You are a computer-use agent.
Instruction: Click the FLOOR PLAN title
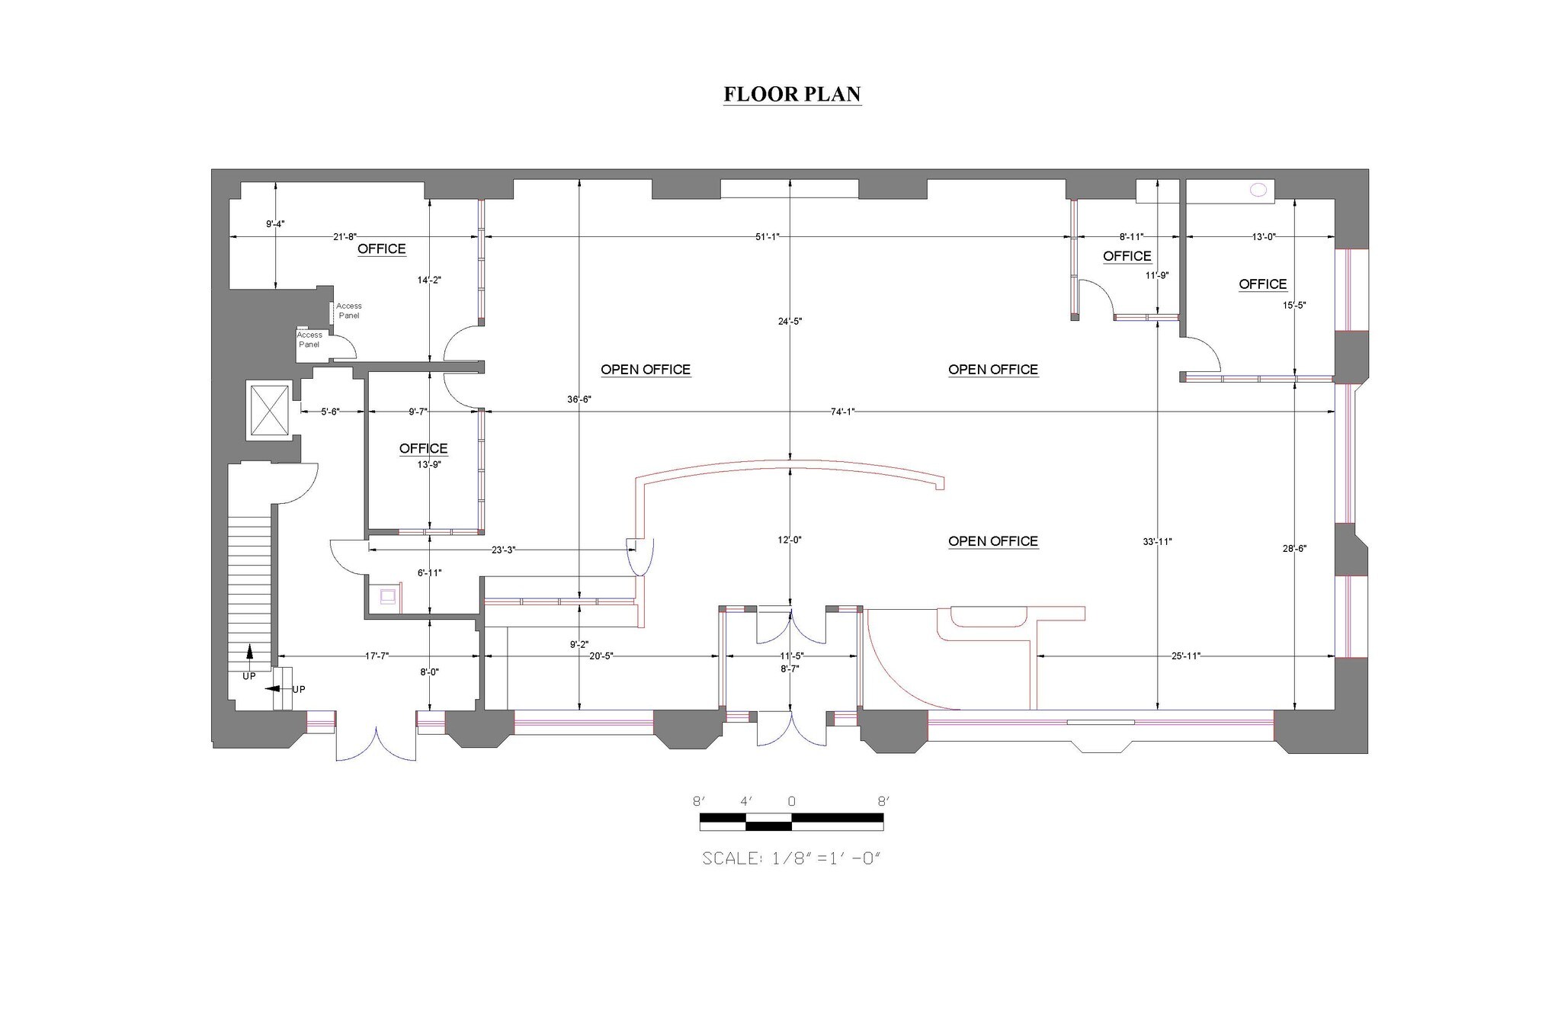coord(792,94)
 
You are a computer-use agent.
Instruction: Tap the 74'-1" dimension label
coord(842,412)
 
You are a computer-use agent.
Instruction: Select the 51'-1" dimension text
coord(767,236)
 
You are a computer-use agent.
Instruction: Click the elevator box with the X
coord(269,411)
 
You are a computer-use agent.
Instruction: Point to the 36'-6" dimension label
coord(579,399)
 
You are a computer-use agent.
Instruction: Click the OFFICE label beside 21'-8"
coord(381,249)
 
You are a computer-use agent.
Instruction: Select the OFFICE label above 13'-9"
coord(423,448)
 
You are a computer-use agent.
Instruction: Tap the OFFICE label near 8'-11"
coord(1127,256)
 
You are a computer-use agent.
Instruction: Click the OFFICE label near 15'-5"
coord(1262,284)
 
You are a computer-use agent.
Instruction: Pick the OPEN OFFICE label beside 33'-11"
coord(992,541)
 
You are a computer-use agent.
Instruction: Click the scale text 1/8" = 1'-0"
coord(791,858)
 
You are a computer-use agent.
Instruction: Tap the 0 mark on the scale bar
coord(791,802)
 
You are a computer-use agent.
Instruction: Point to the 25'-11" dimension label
coord(1185,656)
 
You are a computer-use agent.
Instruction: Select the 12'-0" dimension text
coord(789,540)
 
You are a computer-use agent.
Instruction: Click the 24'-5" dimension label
coord(790,321)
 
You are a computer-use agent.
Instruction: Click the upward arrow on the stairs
coord(248,652)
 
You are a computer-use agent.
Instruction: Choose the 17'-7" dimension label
coord(377,656)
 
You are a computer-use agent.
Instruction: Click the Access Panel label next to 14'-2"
coord(348,311)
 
